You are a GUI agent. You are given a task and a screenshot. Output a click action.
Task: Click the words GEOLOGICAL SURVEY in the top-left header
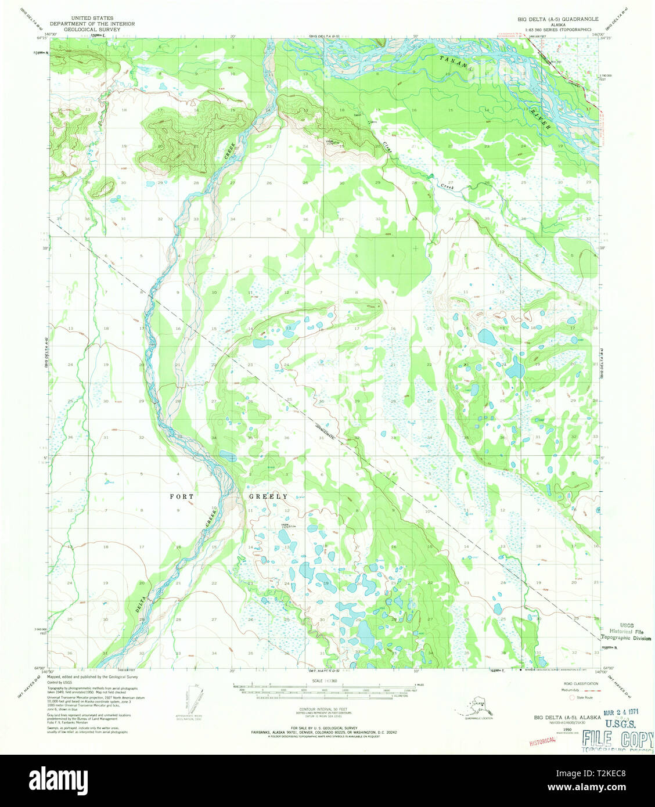tap(92, 29)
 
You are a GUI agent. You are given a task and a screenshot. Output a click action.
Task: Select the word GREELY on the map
tap(268, 497)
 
